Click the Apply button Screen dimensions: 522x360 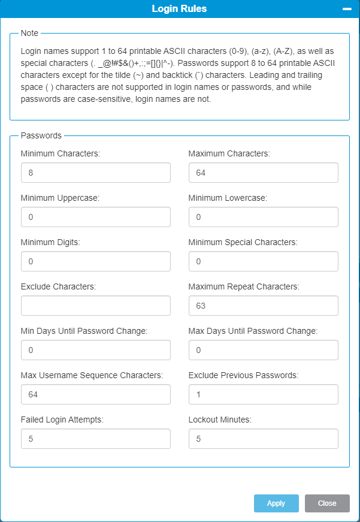click(x=276, y=503)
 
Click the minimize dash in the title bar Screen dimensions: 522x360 click(x=346, y=9)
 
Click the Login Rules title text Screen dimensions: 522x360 click(x=179, y=9)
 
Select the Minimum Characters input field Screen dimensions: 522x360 click(x=96, y=173)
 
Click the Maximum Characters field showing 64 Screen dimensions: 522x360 click(x=263, y=173)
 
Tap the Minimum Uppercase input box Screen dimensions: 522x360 click(x=96, y=217)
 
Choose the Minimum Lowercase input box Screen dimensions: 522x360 click(x=263, y=217)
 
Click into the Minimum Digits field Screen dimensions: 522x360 click(x=96, y=261)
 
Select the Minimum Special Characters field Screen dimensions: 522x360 click(x=263, y=261)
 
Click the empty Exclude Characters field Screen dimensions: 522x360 click(x=96, y=306)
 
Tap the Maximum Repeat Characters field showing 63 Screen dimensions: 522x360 click(x=263, y=306)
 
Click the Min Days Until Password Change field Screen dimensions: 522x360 click(x=96, y=350)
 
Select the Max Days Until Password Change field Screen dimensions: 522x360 click(x=263, y=350)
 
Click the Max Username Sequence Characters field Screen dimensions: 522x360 click(x=96, y=394)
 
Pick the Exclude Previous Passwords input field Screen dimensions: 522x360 click(x=263, y=394)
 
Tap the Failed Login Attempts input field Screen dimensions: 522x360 click(x=96, y=439)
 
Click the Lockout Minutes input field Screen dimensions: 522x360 click(x=263, y=439)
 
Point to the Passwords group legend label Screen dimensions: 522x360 click(x=41, y=135)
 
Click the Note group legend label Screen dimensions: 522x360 click(x=29, y=33)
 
